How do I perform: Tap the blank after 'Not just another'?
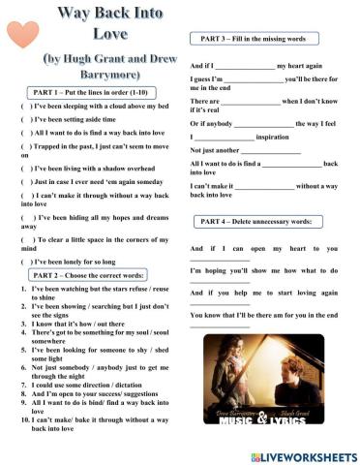click(x=270, y=151)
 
